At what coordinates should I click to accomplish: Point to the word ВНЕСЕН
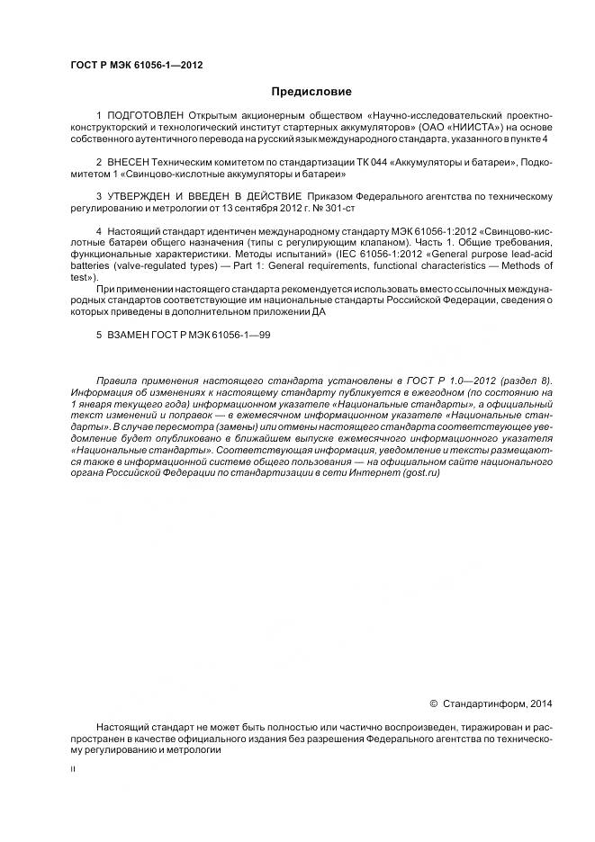point(129,162)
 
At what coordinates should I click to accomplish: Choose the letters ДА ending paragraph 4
point(320,312)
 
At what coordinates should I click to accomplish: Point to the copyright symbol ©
point(433,703)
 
